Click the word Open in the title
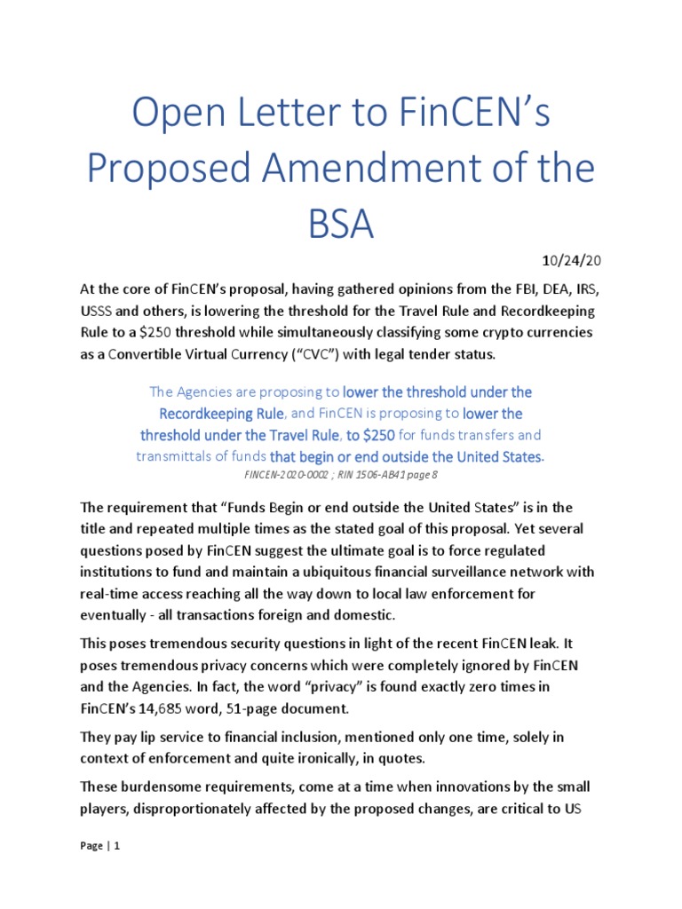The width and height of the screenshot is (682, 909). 174,116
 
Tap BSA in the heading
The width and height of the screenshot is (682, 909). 340,222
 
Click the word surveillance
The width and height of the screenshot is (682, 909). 464,571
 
